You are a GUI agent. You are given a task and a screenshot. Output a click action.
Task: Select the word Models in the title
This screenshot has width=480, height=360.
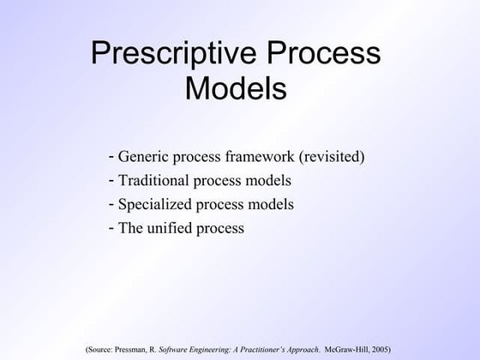236,88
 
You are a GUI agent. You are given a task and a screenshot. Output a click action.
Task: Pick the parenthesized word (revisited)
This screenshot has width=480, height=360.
329,157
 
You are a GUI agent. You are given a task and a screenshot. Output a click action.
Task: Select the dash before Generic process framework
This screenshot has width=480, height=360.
112,157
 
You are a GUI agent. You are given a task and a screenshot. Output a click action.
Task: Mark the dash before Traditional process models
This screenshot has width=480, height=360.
112,181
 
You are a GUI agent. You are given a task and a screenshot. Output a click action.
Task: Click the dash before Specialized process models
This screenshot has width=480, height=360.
112,205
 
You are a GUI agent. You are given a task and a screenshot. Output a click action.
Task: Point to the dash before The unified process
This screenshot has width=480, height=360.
112,229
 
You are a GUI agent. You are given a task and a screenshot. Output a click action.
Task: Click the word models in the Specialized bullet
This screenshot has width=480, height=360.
273,205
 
